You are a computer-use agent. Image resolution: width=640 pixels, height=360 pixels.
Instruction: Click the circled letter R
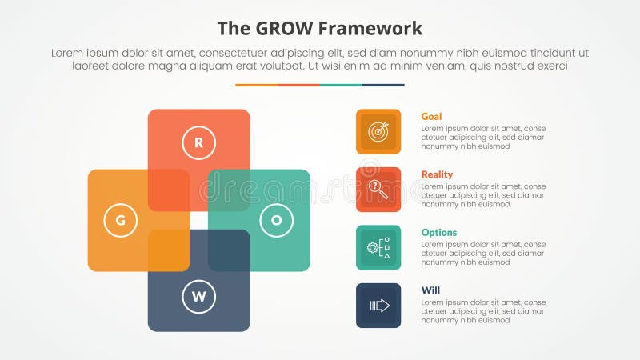[198, 143]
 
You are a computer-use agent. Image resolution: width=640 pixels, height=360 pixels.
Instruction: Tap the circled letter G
[121, 221]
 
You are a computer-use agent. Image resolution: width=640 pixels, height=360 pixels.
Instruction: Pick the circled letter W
[198, 298]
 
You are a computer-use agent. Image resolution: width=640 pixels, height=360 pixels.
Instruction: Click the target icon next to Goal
[378, 131]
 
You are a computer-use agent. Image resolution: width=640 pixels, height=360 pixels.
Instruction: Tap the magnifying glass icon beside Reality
[378, 190]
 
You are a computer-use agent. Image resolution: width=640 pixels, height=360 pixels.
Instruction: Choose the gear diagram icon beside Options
[378, 247]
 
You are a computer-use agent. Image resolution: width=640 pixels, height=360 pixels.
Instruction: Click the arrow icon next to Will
[378, 306]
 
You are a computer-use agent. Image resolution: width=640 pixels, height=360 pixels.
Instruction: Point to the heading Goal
[431, 117]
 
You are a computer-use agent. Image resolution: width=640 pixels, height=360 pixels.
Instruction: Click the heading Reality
[437, 174]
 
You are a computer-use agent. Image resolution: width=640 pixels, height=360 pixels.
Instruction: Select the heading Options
[439, 233]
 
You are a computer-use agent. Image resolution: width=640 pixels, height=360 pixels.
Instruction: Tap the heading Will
[430, 290]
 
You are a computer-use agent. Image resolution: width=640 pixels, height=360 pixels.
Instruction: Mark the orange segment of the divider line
[256, 85]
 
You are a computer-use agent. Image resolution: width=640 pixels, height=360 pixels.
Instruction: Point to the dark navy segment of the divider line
[383, 85]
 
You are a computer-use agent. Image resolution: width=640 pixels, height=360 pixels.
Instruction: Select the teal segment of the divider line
[341, 85]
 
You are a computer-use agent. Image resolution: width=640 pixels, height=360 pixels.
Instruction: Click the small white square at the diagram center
[198, 220]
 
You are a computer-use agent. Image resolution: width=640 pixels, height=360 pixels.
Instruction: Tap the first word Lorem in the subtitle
[68, 53]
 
